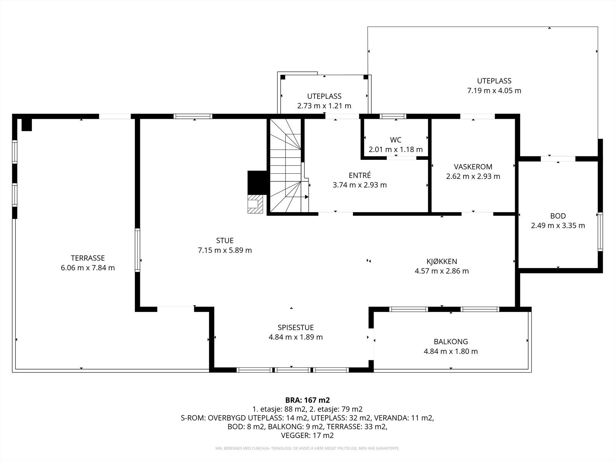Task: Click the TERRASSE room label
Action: (x=88, y=258)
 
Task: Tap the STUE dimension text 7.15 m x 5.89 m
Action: (x=225, y=250)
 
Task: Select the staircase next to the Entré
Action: (x=288, y=166)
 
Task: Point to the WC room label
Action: (x=396, y=140)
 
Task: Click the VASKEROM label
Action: (x=473, y=167)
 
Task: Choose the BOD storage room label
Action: (x=558, y=216)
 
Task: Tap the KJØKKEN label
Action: (x=442, y=261)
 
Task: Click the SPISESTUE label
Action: (x=296, y=327)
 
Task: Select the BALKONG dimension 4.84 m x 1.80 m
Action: (x=450, y=351)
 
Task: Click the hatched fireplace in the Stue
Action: (x=255, y=204)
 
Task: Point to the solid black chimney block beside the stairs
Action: (x=257, y=182)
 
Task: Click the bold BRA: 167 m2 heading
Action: (x=307, y=400)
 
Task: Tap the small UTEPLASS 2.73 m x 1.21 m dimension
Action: (x=324, y=106)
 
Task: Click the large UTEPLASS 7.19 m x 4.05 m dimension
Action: (x=494, y=91)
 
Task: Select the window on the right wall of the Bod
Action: (x=600, y=232)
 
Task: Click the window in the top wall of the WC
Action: (x=393, y=116)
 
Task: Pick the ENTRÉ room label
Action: (x=360, y=175)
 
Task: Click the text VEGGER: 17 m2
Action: (x=307, y=435)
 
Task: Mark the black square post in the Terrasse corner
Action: (x=27, y=125)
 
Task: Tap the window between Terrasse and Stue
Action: (x=137, y=250)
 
